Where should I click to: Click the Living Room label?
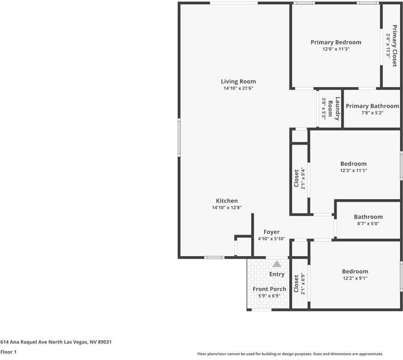[x=238, y=82]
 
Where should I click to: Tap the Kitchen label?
[x=227, y=201]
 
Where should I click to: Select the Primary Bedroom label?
[x=336, y=43]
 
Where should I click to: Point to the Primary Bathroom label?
[x=372, y=106]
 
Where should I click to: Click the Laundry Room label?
[x=334, y=109]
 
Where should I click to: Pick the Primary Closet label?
[x=395, y=46]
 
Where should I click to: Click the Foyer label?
[x=272, y=232]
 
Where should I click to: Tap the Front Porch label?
[x=269, y=289]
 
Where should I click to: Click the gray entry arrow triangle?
[x=277, y=264]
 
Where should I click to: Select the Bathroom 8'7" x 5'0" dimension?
[x=368, y=223]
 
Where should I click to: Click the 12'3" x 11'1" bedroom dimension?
[x=353, y=170]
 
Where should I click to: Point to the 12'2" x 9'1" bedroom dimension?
[x=355, y=278]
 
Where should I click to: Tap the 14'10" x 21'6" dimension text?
[x=238, y=88]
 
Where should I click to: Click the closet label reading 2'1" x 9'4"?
[x=303, y=178]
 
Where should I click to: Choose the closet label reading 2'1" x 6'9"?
[x=303, y=283]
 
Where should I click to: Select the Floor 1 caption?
[x=8, y=352]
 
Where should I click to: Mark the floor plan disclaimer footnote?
[x=290, y=354]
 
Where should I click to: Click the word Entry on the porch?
[x=276, y=274]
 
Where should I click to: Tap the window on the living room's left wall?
[x=179, y=137]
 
